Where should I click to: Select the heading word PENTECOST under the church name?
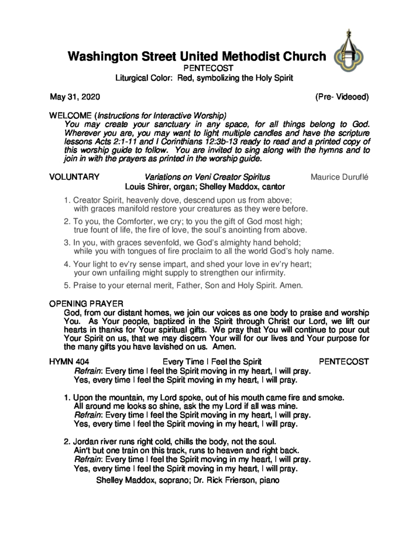tap(204, 68)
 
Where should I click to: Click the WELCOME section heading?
tap(70, 115)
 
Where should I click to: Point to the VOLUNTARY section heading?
tap(74, 177)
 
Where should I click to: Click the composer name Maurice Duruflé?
tap(340, 177)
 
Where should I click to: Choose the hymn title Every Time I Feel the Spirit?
tap(211, 362)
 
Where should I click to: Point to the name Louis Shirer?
tap(147, 187)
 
